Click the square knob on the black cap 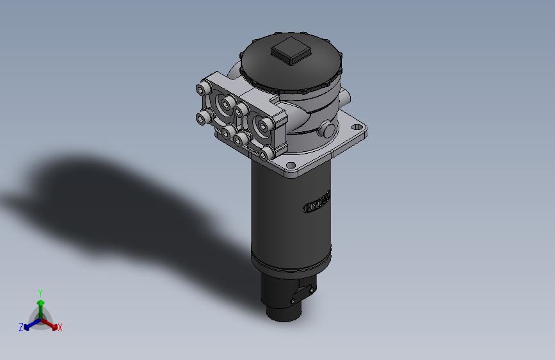tap(289, 51)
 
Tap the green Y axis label tap(40, 291)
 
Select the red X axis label tap(60, 327)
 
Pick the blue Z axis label tap(20, 327)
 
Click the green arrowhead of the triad tap(40, 302)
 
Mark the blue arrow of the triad tap(29, 323)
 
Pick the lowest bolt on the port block tap(264, 153)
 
